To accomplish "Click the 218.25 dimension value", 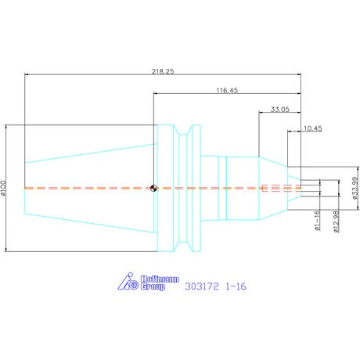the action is tap(163, 71).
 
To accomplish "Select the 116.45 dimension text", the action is tap(227, 90).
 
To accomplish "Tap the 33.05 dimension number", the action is tap(280, 109).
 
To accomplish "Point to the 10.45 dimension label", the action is tap(313, 128).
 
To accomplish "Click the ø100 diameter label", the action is tap(3, 188).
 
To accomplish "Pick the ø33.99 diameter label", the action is tap(355, 188).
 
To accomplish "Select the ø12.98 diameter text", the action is tap(336, 221).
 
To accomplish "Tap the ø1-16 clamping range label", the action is tap(317, 221).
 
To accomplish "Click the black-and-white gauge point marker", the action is tap(153, 188).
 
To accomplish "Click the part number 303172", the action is tap(202, 286).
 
